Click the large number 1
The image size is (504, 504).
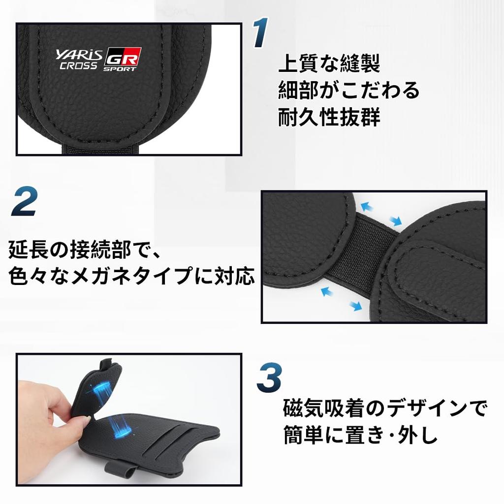pos(261,34)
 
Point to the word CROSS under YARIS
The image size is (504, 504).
pos(78,66)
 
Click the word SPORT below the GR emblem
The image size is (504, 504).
pos(120,69)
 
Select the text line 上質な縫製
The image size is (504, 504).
pos(329,64)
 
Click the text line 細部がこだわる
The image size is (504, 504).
pos(348,91)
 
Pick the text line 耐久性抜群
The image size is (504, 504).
pos(329,118)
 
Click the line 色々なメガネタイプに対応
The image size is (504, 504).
pos(131,277)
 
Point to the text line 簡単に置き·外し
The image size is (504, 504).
pos(360,436)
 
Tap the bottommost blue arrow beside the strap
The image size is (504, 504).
pos(355,306)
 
